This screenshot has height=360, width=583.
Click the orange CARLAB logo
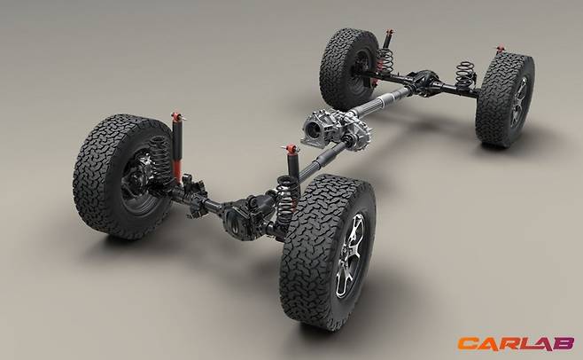pyautogui.click(x=516, y=343)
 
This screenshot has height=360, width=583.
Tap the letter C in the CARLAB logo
pyautogui.click(x=467, y=344)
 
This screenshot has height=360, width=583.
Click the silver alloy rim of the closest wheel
pyautogui.click(x=350, y=255)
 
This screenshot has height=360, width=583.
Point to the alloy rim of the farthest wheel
pyautogui.click(x=519, y=102)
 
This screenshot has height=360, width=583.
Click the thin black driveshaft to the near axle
pyautogui.click(x=322, y=163)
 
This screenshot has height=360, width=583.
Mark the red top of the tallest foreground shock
pyautogui.click(x=177, y=116)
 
